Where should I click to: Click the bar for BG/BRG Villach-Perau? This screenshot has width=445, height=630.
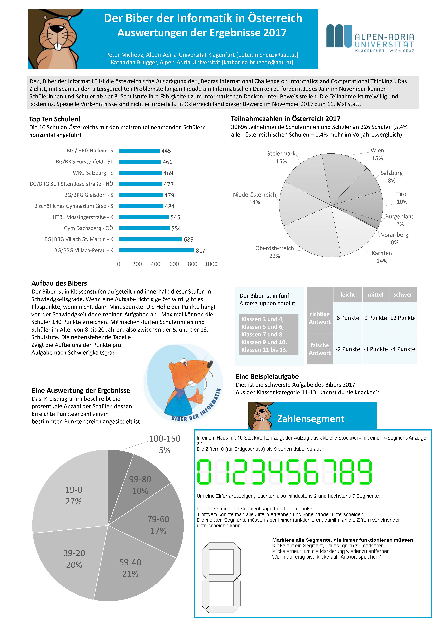coord(156,250)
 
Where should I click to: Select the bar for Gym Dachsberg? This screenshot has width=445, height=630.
coord(144,228)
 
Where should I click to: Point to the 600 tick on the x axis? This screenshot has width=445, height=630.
coord(174,264)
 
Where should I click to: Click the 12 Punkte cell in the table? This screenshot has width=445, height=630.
coord(402,318)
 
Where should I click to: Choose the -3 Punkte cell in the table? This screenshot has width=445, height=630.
coord(375,349)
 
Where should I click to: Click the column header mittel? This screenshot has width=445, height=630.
coord(375,294)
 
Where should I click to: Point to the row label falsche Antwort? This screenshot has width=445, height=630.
coord(320,349)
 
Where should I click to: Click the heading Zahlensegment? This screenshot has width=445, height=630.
coord(311,419)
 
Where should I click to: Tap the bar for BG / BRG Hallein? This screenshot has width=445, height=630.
coord(139,151)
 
